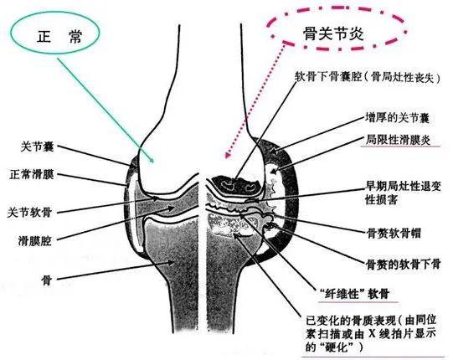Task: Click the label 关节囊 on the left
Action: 37,147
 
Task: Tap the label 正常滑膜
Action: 32,174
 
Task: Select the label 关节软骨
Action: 29,213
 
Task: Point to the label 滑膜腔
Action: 35,240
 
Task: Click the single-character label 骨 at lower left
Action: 46,280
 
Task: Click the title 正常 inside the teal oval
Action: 59,37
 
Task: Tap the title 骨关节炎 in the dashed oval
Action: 333,33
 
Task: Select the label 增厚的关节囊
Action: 397,118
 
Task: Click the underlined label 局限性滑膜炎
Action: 398,140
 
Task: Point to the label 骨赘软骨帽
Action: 394,233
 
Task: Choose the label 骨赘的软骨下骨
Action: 403,264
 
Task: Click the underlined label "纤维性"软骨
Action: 355,294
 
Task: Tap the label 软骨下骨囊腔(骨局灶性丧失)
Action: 368,77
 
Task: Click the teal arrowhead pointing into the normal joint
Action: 151,160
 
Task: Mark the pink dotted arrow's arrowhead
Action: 228,155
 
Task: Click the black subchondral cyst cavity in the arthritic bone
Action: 236,186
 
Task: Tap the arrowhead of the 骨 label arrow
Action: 172,263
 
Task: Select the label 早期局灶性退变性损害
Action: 404,193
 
